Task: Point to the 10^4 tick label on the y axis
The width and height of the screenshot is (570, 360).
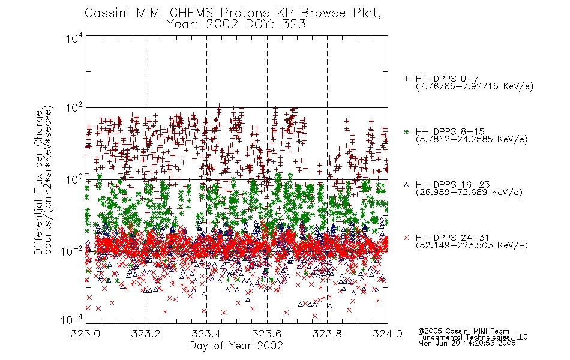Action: click(x=74, y=38)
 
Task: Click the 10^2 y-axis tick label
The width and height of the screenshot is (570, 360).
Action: click(x=74, y=108)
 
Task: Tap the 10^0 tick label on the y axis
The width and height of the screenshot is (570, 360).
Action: click(x=74, y=179)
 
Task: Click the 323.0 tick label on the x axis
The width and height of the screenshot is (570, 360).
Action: click(x=86, y=334)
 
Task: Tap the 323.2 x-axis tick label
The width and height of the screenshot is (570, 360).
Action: click(x=146, y=334)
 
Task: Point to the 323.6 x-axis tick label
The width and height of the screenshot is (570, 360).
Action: click(x=267, y=334)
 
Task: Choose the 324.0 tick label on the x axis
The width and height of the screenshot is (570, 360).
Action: click(x=388, y=334)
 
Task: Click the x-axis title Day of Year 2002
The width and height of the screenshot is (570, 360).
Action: click(x=236, y=346)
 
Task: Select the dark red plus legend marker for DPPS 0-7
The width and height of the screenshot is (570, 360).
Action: click(x=406, y=78)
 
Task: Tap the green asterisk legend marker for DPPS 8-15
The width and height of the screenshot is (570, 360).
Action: click(x=406, y=131)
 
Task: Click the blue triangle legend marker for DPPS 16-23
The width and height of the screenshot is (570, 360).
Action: click(x=406, y=185)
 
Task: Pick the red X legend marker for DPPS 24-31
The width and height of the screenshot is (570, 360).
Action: click(x=406, y=238)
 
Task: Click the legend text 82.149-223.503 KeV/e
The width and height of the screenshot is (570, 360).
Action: click(x=472, y=245)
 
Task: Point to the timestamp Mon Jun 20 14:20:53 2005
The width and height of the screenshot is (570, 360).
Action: click(x=467, y=343)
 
